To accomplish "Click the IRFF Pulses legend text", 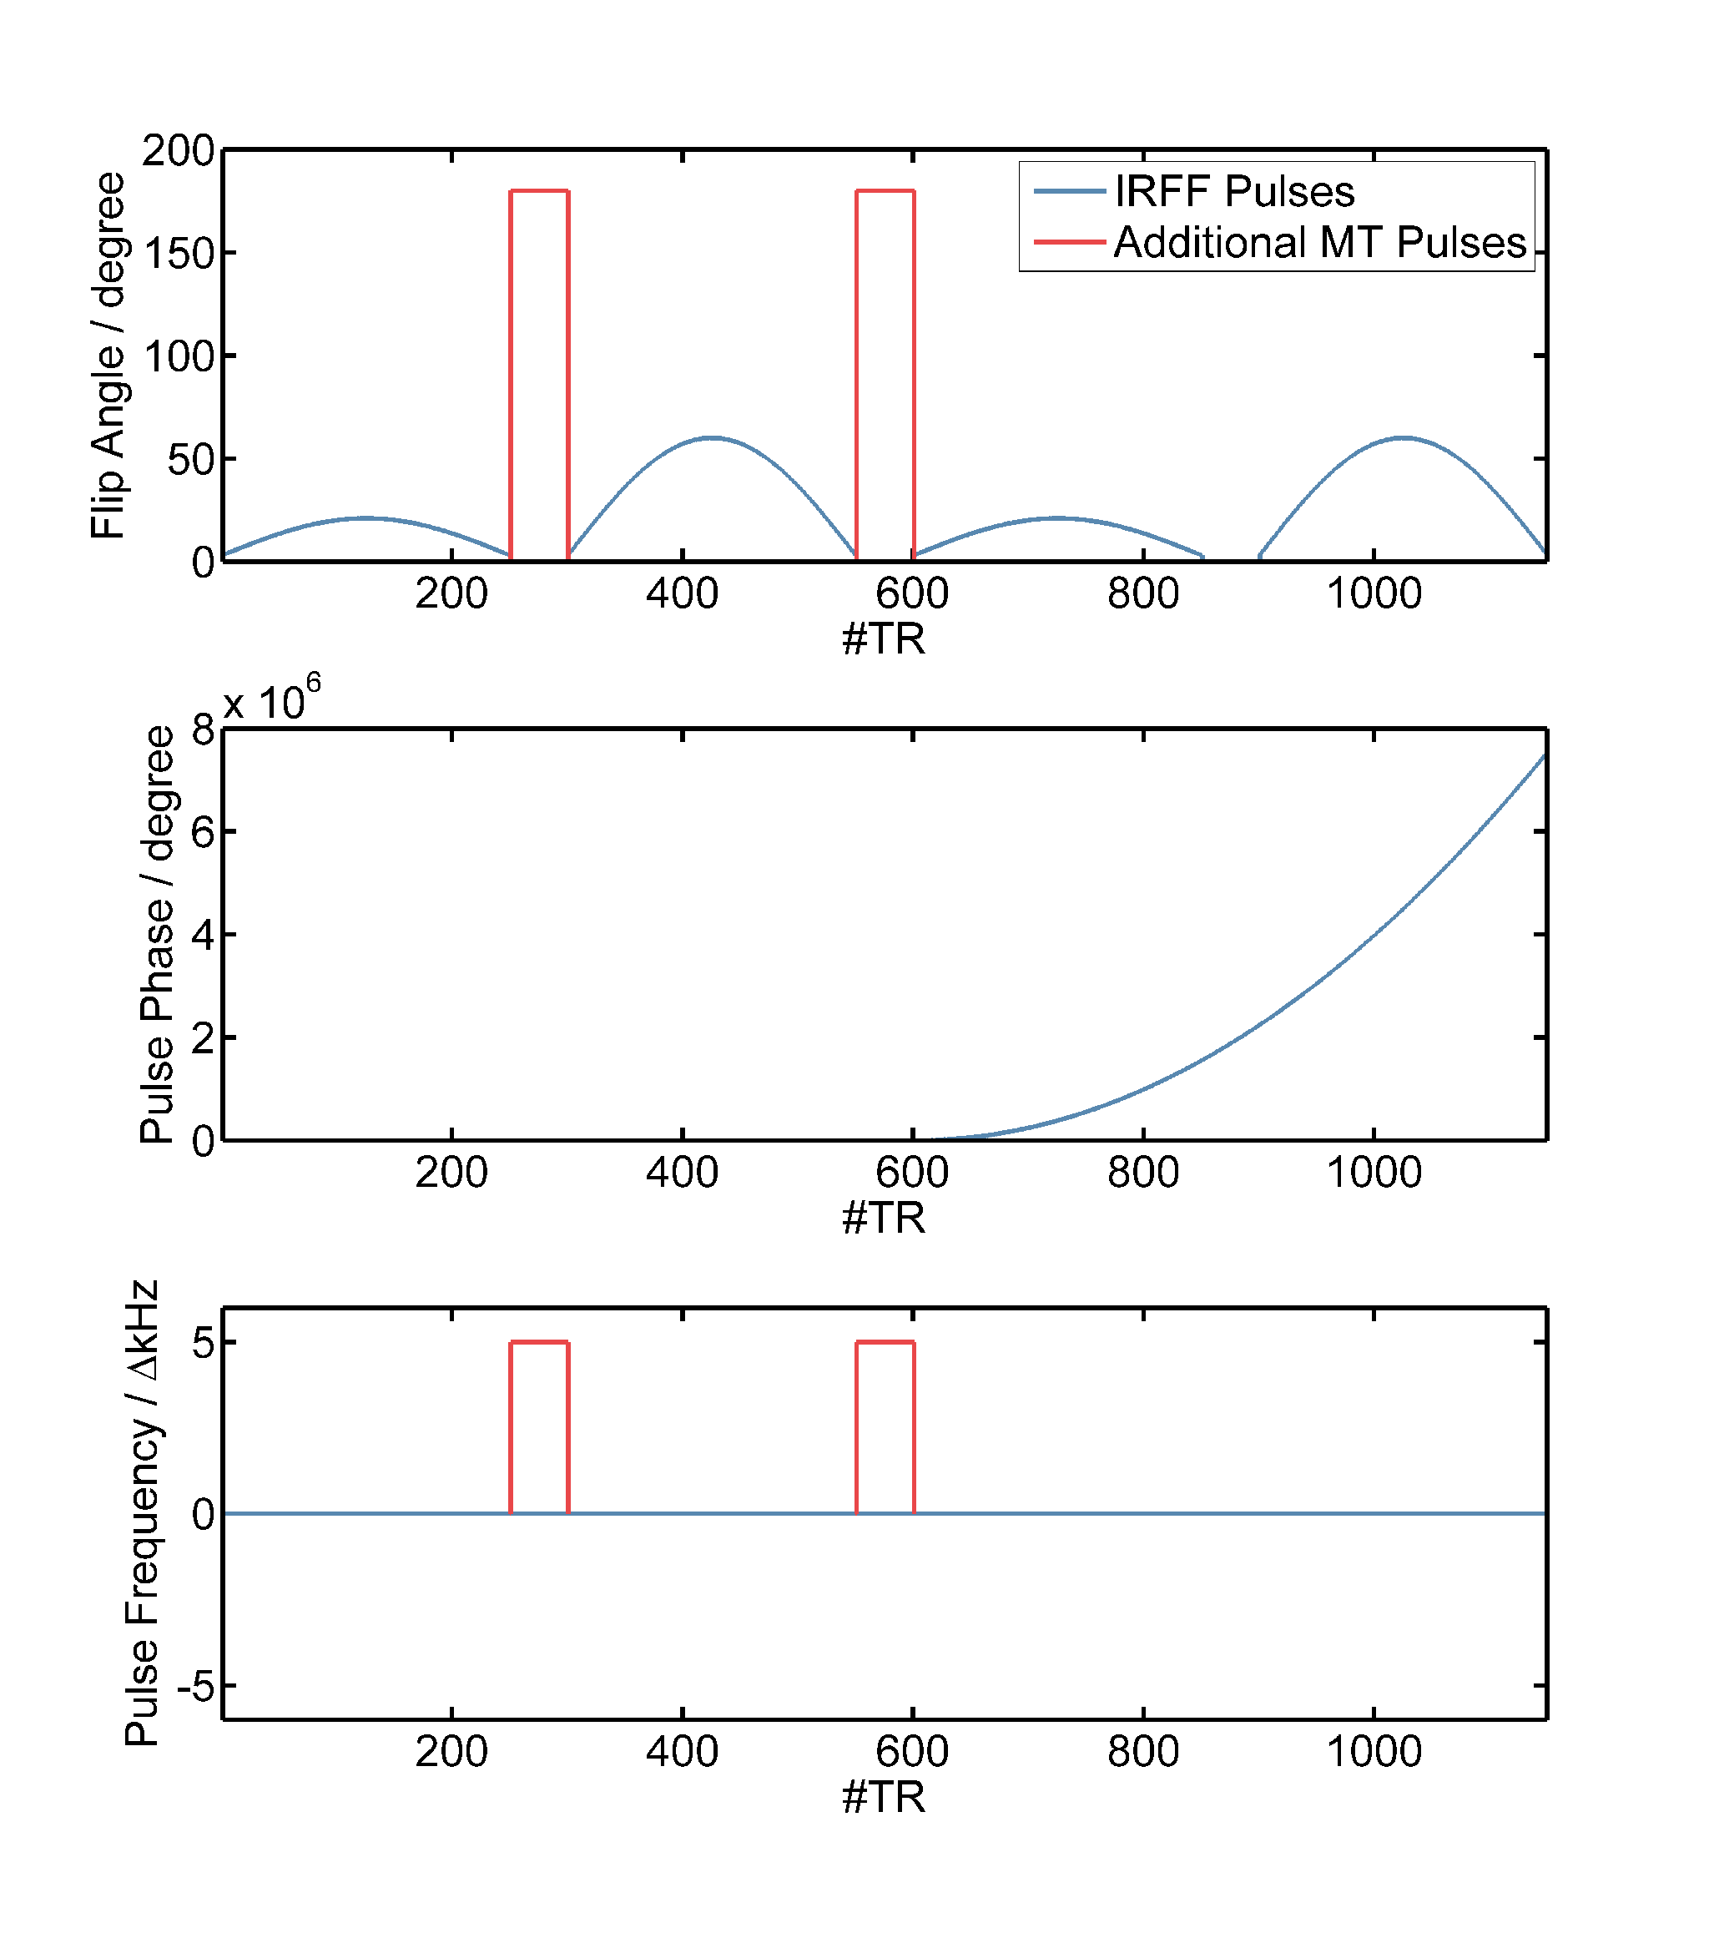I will point(1233,192).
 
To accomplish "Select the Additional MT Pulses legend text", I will point(1319,243).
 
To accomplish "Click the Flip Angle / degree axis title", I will point(108,356).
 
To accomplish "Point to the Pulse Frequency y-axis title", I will point(142,1513).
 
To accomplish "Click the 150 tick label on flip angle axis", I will point(178,254).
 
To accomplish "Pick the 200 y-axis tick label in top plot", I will point(178,150).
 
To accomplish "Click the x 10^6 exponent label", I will point(271,701).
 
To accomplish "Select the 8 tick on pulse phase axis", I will point(203,730).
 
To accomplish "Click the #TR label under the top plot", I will point(884,639).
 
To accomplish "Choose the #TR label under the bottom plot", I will point(884,1797).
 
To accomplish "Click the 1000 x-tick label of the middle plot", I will point(1374,1173).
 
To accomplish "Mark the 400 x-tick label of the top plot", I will point(682,594).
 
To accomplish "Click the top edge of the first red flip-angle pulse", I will point(539,191).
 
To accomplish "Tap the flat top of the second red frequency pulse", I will point(885,1342).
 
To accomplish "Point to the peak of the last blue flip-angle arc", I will point(1404,438).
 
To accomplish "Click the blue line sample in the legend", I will point(1069,192).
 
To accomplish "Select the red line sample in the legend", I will point(1069,243).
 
